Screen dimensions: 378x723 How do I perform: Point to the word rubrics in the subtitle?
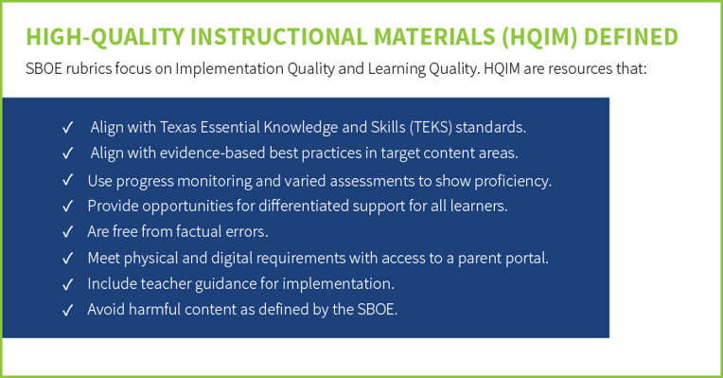[86, 69]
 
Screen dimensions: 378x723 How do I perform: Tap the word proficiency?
[514, 179]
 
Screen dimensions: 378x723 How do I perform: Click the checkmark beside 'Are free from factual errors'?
[67, 231]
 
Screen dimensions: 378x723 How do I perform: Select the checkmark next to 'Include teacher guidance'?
[67, 283]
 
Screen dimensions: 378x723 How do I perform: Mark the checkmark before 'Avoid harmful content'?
[67, 309]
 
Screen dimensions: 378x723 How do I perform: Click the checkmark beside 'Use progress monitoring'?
[67, 179]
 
